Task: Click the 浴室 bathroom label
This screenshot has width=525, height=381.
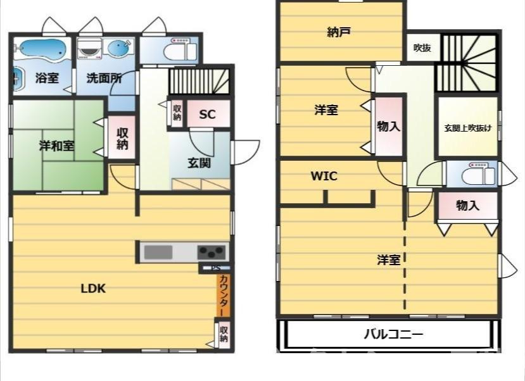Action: [x=47, y=79]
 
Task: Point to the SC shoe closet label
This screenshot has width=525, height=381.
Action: [x=207, y=115]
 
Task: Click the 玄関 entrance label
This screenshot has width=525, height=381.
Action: [x=199, y=163]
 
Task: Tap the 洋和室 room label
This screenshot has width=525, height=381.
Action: [x=56, y=146]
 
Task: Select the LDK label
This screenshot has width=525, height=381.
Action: [x=92, y=289]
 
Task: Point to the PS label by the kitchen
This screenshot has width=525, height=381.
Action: [x=216, y=268]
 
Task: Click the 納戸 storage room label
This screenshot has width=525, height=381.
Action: [x=339, y=32]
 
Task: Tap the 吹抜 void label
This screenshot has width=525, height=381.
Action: [x=422, y=47]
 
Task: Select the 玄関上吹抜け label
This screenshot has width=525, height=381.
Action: [x=467, y=127]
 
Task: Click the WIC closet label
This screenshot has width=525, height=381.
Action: [x=324, y=176]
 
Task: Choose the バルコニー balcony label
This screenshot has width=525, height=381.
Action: [x=393, y=334]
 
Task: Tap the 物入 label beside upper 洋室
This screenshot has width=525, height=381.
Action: [x=388, y=126]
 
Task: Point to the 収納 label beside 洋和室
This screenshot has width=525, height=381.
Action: [x=122, y=139]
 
